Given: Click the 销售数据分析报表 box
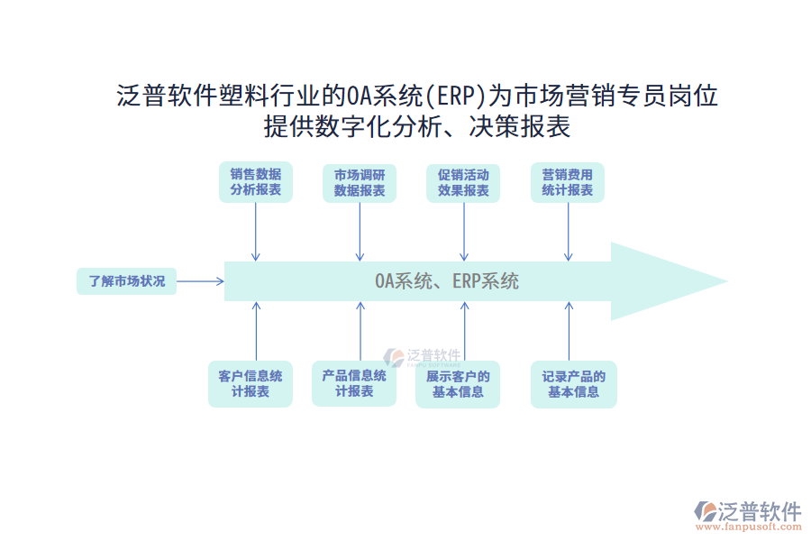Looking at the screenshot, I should tap(255, 182).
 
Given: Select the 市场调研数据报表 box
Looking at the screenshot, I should tap(360, 182).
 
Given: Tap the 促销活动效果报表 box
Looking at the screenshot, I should tap(463, 182).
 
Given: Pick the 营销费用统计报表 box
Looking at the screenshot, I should tap(568, 182).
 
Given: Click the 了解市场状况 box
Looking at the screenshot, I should tap(126, 281).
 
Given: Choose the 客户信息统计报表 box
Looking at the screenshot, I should tap(250, 384).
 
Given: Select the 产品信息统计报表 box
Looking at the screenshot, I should tap(354, 383).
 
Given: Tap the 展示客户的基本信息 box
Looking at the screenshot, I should tap(458, 384).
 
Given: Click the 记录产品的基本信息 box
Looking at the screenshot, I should tap(573, 384).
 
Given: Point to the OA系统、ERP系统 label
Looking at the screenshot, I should tap(447, 281).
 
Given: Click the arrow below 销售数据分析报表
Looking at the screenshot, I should tap(256, 232).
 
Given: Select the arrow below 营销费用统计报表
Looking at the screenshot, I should tap(568, 232).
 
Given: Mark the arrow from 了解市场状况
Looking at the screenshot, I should tap(200, 281).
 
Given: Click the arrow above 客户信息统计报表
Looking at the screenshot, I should tap(256, 331).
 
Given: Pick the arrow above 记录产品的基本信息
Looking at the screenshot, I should tap(568, 331).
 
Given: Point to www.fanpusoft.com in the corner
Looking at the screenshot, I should tap(747, 527).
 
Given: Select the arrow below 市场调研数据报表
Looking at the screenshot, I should tap(360, 232).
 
